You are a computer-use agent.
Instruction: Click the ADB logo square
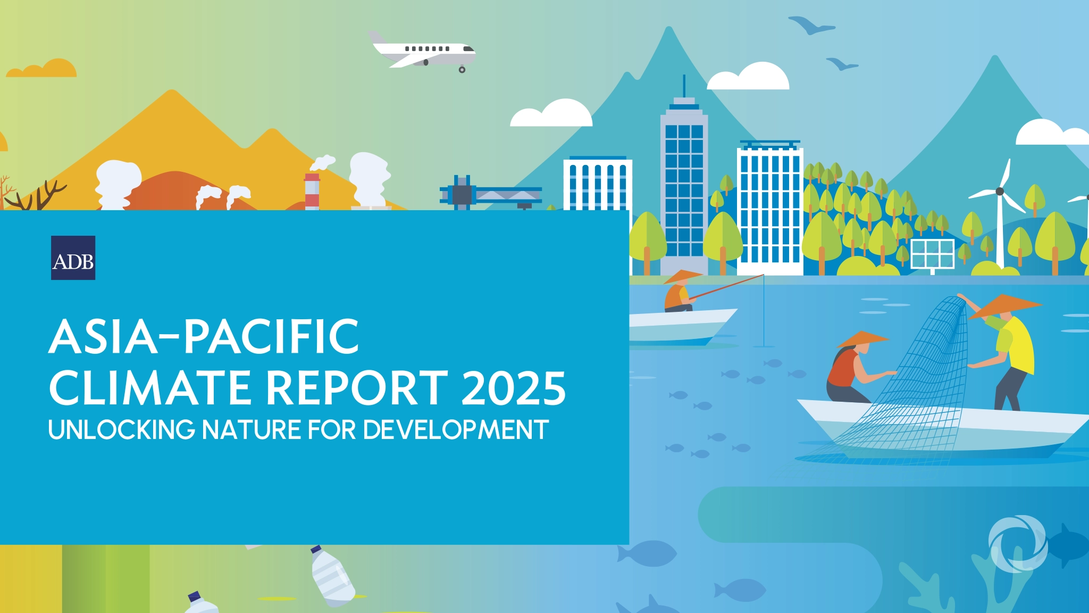(73, 258)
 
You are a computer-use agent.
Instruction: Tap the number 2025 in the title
(514, 388)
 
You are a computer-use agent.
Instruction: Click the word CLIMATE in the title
(150, 388)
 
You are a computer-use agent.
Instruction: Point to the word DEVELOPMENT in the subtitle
(456, 430)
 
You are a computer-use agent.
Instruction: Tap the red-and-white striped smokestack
(312, 190)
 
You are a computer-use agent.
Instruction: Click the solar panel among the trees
(933, 254)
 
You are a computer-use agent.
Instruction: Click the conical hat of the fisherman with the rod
(683, 276)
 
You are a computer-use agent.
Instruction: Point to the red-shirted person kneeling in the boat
(845, 372)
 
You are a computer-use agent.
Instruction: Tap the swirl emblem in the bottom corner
(1018, 543)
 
